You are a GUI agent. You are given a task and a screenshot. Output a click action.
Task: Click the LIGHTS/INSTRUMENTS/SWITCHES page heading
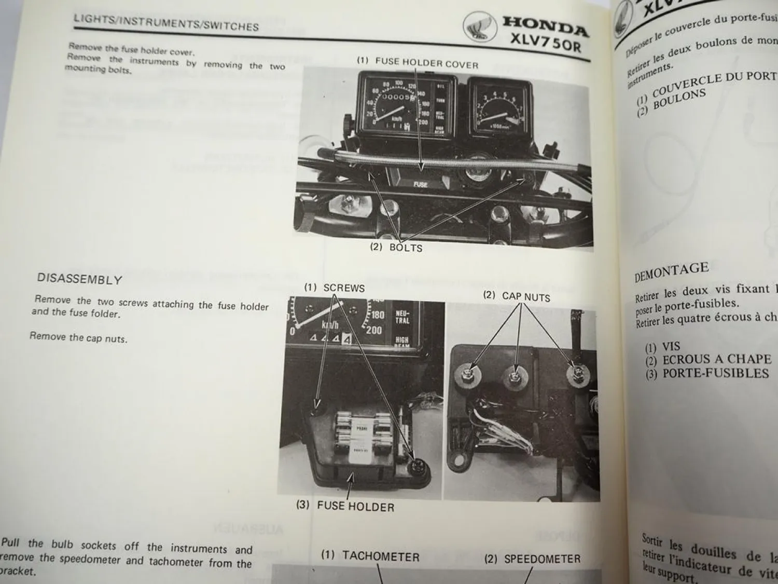tap(166, 23)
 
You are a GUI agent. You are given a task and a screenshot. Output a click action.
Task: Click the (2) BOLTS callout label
tap(396, 247)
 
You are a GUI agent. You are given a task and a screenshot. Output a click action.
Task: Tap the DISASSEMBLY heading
tap(79, 279)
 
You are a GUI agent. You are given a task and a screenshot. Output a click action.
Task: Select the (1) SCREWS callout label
tap(335, 288)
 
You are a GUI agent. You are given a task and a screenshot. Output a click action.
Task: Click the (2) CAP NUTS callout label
tap(517, 296)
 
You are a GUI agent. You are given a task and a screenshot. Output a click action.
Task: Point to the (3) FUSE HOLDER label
tap(345, 506)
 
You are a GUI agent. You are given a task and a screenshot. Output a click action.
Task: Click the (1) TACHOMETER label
tap(370, 555)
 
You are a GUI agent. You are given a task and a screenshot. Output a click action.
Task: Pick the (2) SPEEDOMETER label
tap(532, 559)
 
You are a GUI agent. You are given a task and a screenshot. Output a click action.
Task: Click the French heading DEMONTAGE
tap(671, 271)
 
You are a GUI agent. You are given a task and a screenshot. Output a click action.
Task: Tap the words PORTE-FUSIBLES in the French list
tap(715, 373)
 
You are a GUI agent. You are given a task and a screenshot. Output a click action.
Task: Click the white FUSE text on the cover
tap(420, 184)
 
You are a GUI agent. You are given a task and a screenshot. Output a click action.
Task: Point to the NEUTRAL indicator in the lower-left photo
tap(402, 317)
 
